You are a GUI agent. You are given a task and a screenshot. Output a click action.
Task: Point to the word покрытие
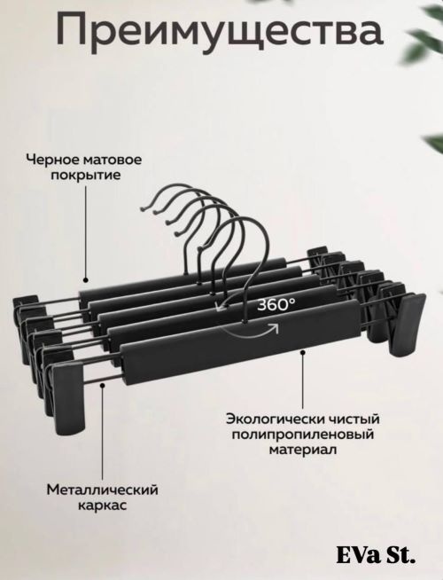86,175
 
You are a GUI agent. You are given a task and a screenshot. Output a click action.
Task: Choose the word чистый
355,419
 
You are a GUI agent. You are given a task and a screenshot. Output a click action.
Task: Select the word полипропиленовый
303,435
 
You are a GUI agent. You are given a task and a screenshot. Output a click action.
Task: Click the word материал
303,450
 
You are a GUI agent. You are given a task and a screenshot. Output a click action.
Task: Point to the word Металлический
103,490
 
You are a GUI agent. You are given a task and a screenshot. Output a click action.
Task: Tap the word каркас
103,506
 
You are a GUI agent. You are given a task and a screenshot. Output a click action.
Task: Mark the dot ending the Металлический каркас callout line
103,386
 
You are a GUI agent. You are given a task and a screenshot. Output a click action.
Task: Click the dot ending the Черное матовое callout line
86,280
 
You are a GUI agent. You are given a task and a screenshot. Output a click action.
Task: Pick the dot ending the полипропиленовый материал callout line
303,352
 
